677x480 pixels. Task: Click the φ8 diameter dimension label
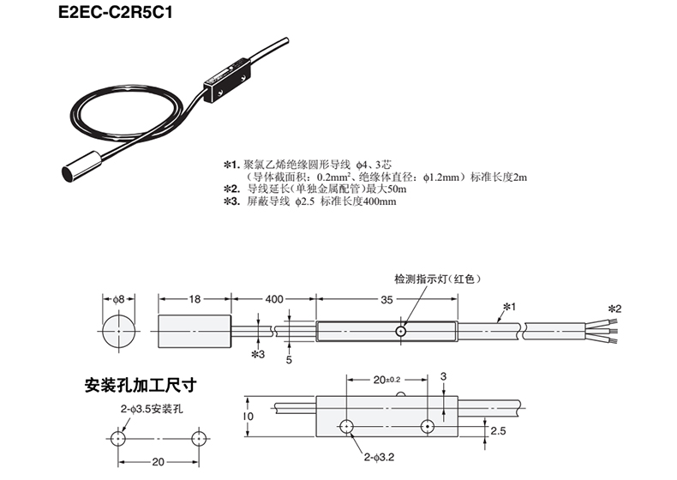tap(118, 299)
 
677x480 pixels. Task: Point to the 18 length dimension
tap(194, 299)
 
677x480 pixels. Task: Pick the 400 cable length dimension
tap(273, 299)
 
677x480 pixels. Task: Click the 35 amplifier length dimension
tap(387, 299)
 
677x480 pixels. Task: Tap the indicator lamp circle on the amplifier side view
tap(400, 331)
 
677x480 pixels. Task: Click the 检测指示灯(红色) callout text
tap(434, 279)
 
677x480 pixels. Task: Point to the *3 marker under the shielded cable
tap(258, 353)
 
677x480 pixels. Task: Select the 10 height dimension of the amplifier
tap(247, 417)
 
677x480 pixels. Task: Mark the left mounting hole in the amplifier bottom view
tap(347, 426)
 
